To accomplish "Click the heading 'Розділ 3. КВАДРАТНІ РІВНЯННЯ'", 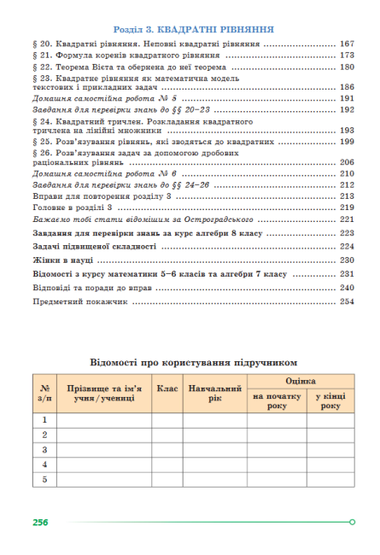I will coord(190,27).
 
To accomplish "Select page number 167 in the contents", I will coord(346,43).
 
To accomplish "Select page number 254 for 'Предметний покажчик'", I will coord(346,303).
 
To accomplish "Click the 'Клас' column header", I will coord(167,388).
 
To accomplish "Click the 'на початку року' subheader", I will coord(277,401).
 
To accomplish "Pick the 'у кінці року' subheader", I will coord(330,401).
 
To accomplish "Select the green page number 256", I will coord(39,522).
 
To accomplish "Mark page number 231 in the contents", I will coord(346,274).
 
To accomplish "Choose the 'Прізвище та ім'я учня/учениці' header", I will coord(105,394).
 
